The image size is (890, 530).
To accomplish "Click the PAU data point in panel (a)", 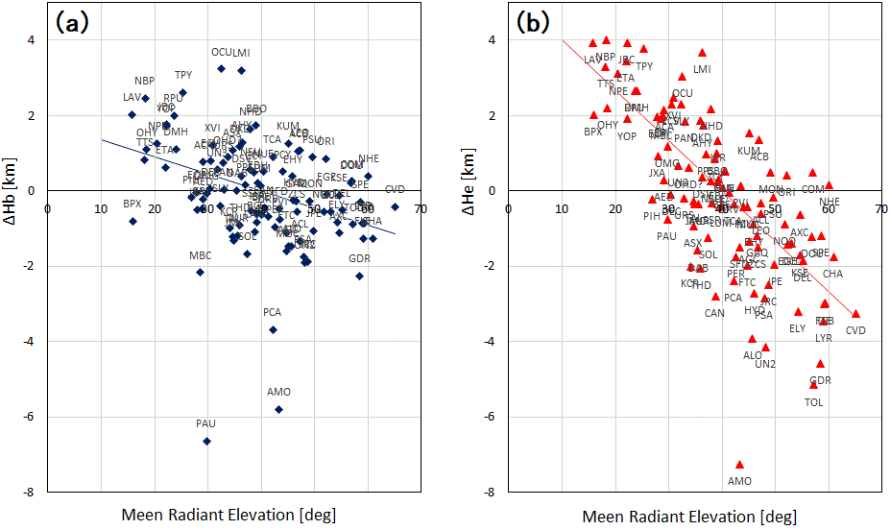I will point(206,442).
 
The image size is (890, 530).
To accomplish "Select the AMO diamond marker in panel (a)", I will point(278,409).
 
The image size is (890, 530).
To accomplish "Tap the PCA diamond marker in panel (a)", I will point(273,329).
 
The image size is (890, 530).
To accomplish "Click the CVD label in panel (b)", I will point(855,330).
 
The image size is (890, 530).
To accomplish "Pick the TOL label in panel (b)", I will point(814,402).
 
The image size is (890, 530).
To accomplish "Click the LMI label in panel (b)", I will point(702,69).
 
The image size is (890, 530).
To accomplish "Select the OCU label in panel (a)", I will point(223,52).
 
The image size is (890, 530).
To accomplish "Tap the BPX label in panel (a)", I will point(132,204).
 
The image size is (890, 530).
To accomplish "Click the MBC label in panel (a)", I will point(200,255).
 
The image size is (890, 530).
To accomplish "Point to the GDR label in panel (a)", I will point(359,259).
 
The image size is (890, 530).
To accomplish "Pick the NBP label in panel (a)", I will point(144,82).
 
